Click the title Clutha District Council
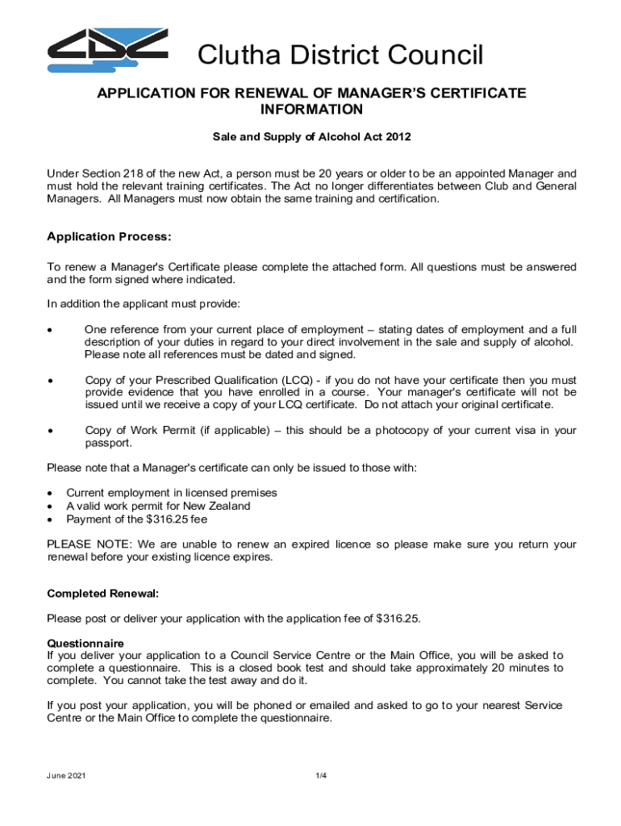click(341, 56)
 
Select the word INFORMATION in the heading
click(310, 110)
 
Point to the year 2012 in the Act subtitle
click(398, 137)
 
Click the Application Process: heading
click(109, 237)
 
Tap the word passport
click(107, 444)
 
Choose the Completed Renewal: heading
click(102, 594)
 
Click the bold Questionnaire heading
click(85, 644)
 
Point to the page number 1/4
click(321, 776)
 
